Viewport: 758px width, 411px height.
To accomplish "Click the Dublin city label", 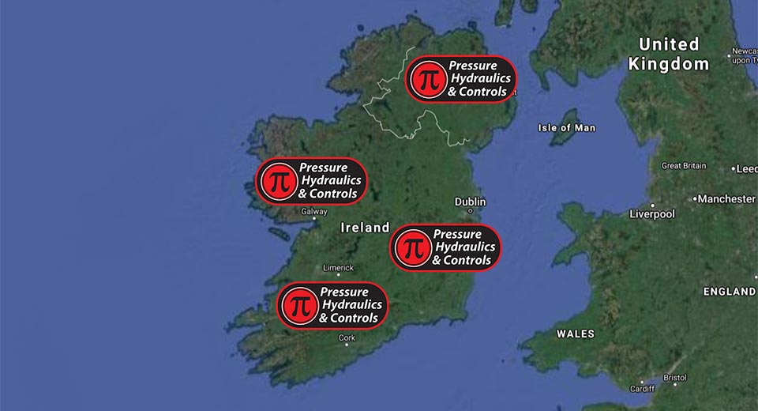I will point(470,202).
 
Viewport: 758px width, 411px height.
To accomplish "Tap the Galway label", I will point(313,211).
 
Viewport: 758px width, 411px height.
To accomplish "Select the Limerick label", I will point(338,267).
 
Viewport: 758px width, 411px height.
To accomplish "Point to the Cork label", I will point(347,337).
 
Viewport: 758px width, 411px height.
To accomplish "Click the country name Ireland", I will point(365,228).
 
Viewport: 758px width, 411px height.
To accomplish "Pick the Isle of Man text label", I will point(566,127).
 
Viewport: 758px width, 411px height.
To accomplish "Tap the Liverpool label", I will point(651,214).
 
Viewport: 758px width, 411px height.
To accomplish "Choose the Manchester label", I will point(726,199).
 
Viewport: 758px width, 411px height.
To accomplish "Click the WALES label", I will point(575,334).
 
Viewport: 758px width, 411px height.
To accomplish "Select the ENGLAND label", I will point(729,292).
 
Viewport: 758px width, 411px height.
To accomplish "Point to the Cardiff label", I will point(642,388).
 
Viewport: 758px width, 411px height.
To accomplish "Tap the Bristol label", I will point(675,378).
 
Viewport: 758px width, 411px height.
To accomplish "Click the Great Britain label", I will point(683,166).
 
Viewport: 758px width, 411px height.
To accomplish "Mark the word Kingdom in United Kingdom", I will point(669,65).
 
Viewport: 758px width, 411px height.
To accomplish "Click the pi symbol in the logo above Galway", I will point(277,181).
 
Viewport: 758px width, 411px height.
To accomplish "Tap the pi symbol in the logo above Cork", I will point(298,304).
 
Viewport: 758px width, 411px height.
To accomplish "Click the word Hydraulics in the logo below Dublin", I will point(463,247).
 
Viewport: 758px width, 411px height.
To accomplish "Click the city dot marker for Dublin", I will point(471,211).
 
